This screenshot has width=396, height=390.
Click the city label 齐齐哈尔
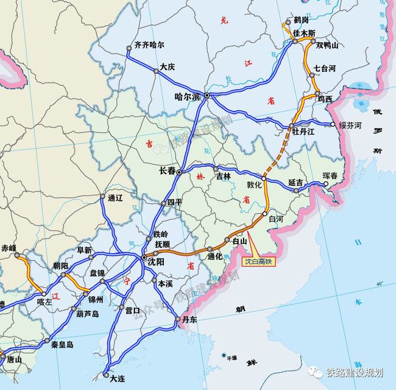point(149,45)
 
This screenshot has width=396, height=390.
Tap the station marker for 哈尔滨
point(207,96)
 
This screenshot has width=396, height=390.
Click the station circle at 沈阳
point(144,259)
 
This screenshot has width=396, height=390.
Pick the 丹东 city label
point(189,319)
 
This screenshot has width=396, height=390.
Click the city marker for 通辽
point(102,197)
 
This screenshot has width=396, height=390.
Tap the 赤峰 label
point(9,248)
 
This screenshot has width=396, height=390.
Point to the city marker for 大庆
point(157,71)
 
